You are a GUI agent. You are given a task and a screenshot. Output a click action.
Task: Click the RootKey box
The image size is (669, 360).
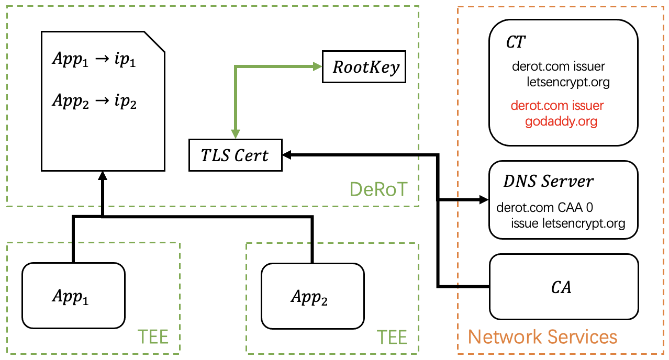point(364,67)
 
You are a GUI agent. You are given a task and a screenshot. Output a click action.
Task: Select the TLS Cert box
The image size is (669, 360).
point(235,155)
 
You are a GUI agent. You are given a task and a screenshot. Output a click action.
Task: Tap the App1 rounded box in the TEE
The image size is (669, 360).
point(73,297)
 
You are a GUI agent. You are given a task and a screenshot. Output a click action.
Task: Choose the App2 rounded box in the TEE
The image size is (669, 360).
point(312,297)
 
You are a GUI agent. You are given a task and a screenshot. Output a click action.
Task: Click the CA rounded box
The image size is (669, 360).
point(563,287)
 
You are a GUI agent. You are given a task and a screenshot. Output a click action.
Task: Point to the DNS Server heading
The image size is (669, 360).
point(548,181)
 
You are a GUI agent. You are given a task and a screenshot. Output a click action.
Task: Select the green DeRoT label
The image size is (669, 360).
point(377,189)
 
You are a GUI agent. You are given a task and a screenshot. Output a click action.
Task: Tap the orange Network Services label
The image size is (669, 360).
point(542,336)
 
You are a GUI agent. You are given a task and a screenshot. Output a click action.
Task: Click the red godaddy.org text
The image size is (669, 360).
point(561,121)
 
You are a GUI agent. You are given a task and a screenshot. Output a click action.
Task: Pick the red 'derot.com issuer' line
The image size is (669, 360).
point(557,106)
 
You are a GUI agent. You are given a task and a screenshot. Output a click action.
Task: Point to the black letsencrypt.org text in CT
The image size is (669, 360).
point(568,82)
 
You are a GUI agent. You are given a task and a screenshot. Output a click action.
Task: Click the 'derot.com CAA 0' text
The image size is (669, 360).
point(544,208)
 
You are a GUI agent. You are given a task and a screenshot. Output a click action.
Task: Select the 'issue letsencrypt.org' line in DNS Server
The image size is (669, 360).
point(567,223)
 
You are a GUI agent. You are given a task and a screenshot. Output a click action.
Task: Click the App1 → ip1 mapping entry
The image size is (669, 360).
point(94,60)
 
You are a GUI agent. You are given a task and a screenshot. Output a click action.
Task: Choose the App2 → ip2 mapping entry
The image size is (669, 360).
point(94,101)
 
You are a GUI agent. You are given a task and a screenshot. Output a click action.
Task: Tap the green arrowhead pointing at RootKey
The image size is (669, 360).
point(317,66)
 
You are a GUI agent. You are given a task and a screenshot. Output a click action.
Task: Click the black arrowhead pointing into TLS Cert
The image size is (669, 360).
point(287,154)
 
